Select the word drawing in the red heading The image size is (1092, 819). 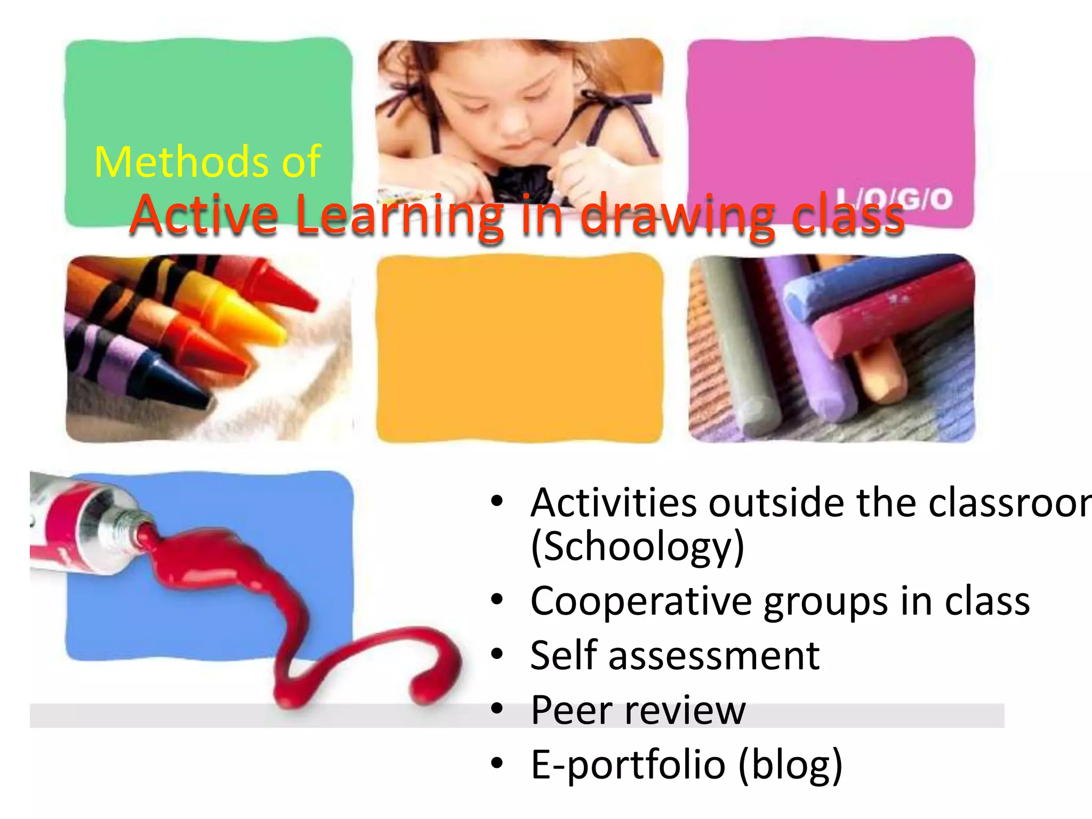click(x=677, y=216)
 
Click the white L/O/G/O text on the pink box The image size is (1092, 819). click(x=894, y=199)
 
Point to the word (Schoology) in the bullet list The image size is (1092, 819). click(x=638, y=547)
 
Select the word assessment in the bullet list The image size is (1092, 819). click(x=714, y=656)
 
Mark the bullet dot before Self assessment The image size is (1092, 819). click(x=497, y=654)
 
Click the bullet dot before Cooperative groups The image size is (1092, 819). click(x=497, y=600)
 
